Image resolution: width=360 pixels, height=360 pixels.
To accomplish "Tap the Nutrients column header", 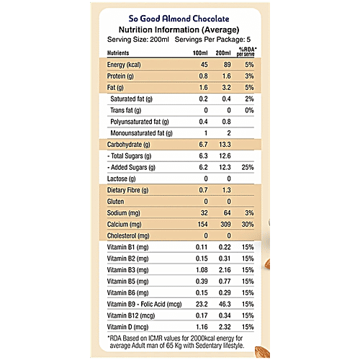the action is coord(122,53).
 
